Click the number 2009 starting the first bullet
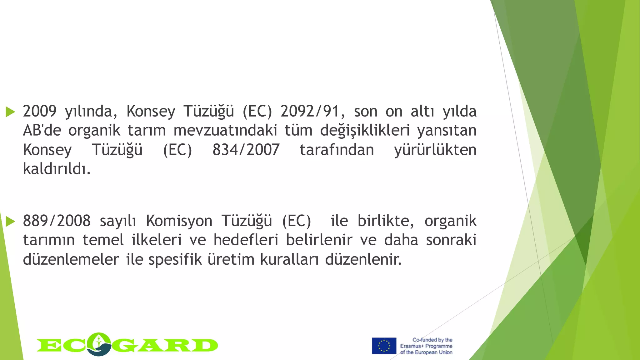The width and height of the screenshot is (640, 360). (39, 112)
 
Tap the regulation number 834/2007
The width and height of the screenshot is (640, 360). (246, 150)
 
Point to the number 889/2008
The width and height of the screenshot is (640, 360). (57, 221)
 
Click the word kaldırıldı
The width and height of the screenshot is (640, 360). (57, 169)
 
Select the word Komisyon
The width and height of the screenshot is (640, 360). (179, 221)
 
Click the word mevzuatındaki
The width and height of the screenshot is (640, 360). (225, 131)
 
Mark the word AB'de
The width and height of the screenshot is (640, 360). (42, 131)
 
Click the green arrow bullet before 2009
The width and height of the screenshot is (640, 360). (10, 112)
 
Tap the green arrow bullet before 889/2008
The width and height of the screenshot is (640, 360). (10, 222)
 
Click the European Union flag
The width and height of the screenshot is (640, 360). (384, 346)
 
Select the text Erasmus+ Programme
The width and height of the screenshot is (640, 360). (426, 346)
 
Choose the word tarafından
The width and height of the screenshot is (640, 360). (337, 150)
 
